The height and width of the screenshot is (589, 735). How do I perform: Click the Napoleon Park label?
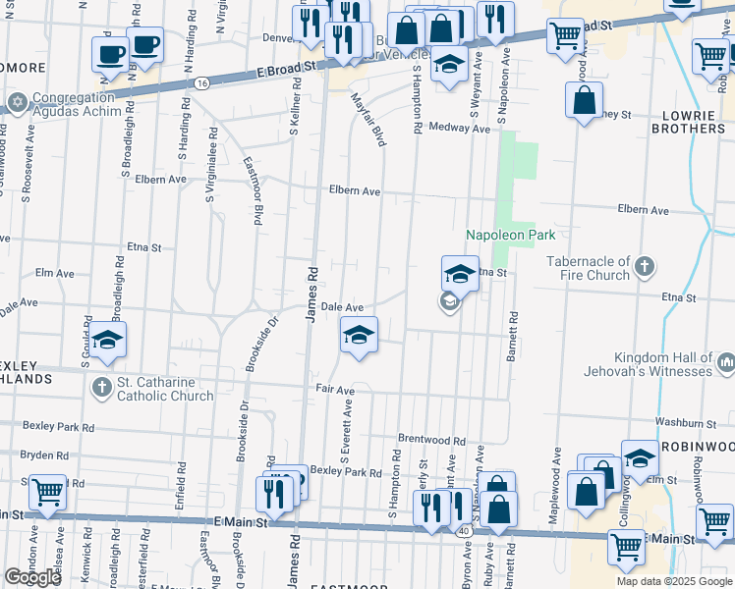(510, 235)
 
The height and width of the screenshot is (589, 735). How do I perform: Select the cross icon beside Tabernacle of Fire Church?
(644, 266)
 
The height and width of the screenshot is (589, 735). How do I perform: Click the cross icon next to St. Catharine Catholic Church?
(101, 388)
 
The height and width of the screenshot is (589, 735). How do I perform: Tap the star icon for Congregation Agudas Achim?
(17, 101)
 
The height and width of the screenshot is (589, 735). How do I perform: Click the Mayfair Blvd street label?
(369, 119)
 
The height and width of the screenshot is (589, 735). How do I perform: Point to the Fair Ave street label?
(334, 390)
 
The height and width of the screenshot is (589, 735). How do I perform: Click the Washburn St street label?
(684, 423)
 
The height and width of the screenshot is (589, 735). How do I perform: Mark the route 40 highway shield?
(463, 530)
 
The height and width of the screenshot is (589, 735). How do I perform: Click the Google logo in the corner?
(32, 577)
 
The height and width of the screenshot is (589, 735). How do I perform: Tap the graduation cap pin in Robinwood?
(640, 458)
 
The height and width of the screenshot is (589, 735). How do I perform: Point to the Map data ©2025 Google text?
(674, 581)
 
